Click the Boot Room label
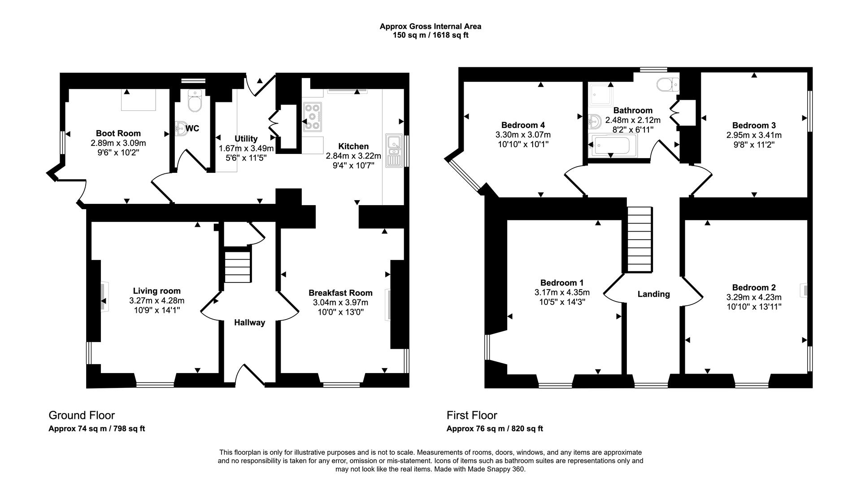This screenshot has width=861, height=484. tap(118, 133)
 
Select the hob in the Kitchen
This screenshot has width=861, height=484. tap(313, 117)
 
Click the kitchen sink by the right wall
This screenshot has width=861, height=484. tap(393, 151)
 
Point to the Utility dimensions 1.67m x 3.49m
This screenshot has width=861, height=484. tap(246, 148)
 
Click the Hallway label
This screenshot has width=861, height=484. tap(249, 322)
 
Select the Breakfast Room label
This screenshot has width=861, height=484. tap(340, 293)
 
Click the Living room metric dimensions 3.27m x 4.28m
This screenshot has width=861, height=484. tap(157, 300)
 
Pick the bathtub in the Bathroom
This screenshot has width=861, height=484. tap(611, 146)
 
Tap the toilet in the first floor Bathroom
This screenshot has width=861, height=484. tap(668, 84)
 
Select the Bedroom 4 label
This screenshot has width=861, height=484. tap(523, 125)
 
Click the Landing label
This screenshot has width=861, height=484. tap(653, 294)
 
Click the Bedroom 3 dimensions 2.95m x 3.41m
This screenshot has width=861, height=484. tap(754, 135)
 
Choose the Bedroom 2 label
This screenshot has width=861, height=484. tap(753, 287)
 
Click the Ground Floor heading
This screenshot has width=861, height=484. tap(82, 415)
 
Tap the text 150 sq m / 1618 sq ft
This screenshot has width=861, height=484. tap(430, 35)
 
